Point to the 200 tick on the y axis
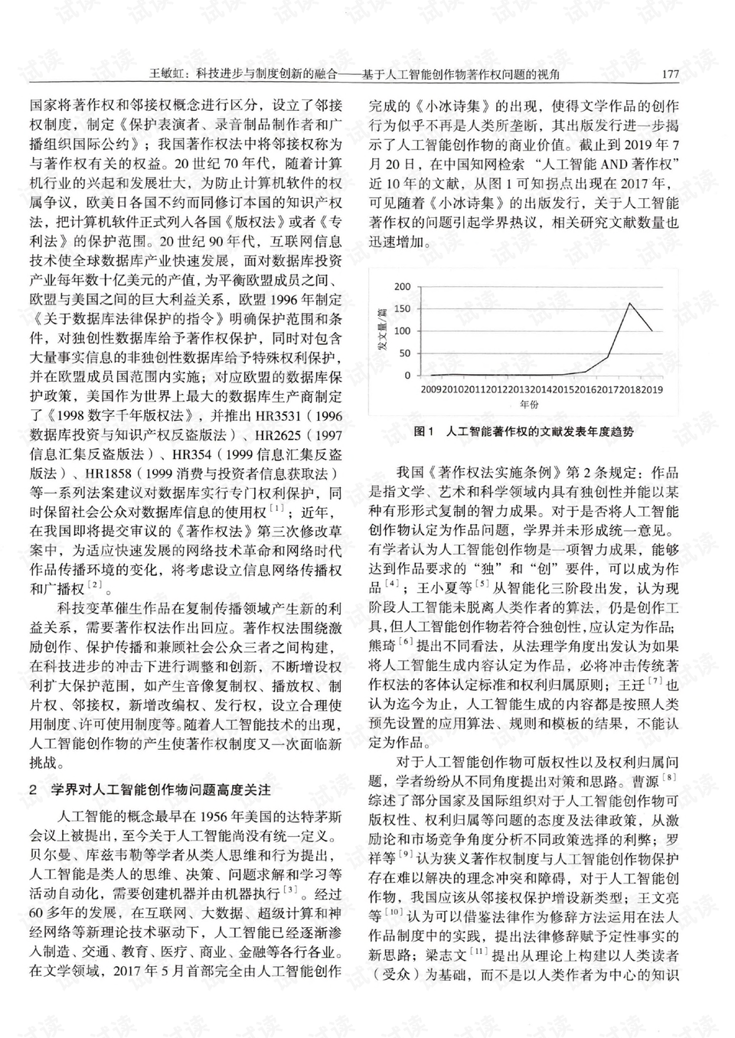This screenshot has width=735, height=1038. coord(402,287)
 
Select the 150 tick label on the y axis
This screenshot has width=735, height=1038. coord(402,309)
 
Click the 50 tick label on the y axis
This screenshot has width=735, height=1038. coord(404,353)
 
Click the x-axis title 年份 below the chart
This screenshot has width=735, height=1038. coord(529,404)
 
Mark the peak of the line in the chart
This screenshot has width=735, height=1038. coord(629,304)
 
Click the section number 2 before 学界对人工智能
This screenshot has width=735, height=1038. coord(33,789)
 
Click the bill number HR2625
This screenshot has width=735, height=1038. coord(280,435)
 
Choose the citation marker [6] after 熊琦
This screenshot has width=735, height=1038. coord(406,642)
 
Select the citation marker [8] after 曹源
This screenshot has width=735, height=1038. coord(669,778)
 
